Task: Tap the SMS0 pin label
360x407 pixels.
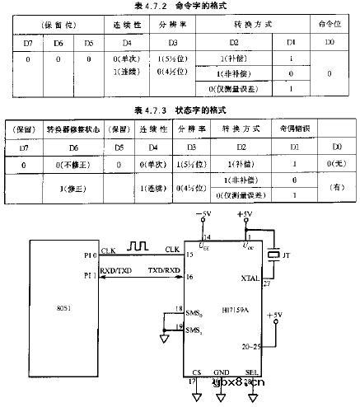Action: (194, 315)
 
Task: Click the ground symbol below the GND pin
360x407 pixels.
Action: (220, 395)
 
